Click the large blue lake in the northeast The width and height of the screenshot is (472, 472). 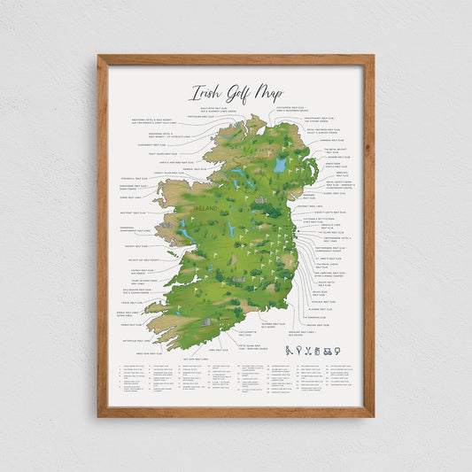coord(280,165)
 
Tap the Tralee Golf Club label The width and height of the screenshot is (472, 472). coord(132,302)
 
